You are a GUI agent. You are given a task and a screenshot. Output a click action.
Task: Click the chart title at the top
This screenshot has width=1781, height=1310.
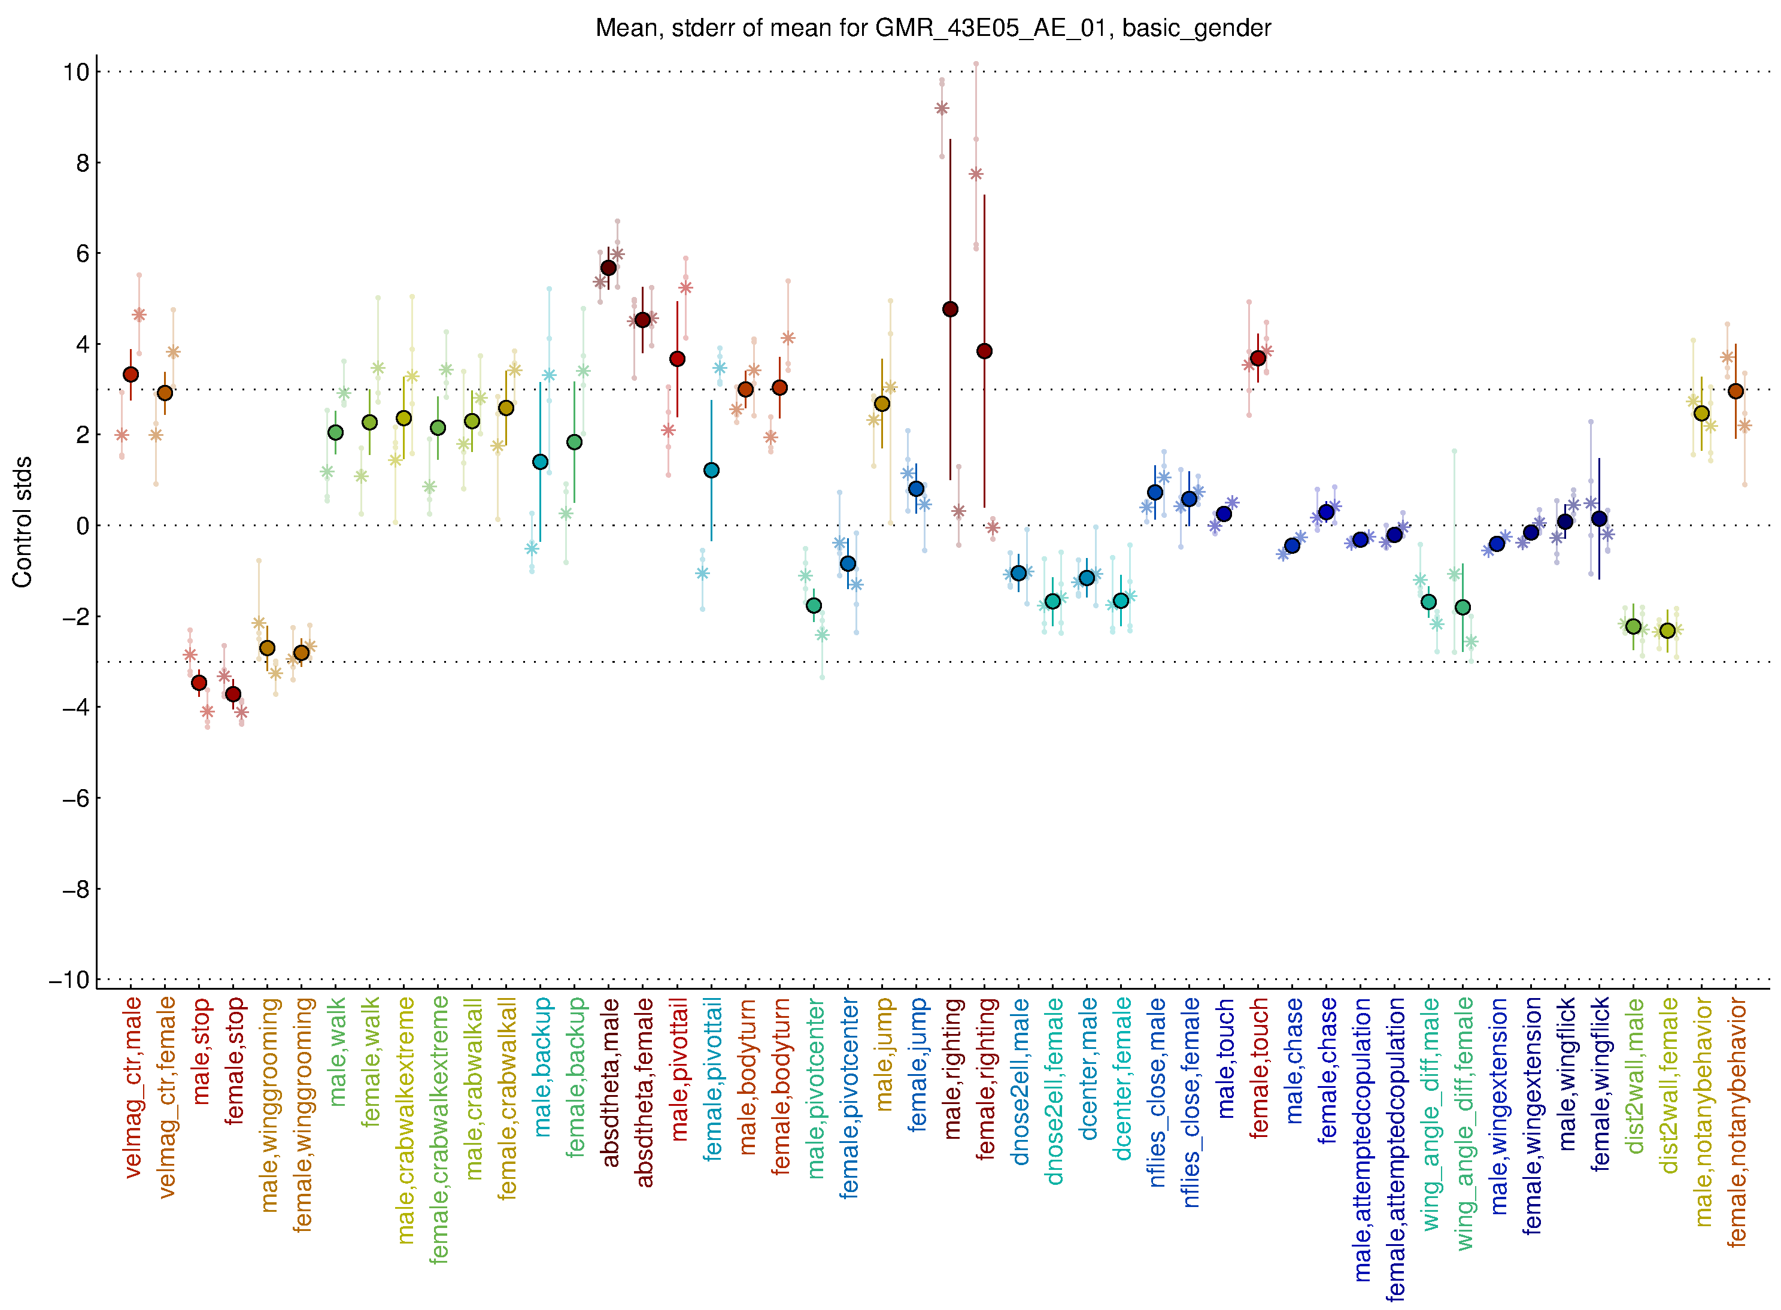click(x=933, y=29)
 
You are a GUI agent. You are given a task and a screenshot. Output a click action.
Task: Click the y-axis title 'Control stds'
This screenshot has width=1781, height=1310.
click(x=23, y=521)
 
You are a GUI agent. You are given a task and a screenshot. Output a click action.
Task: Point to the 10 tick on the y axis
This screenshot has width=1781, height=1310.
click(x=76, y=72)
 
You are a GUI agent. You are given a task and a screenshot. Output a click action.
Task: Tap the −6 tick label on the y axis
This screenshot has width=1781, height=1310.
click(x=76, y=799)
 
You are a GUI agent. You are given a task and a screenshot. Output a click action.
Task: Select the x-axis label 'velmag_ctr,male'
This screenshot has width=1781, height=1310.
click(x=132, y=1087)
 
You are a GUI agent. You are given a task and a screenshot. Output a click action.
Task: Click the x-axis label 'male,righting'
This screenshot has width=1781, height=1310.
click(x=951, y=1068)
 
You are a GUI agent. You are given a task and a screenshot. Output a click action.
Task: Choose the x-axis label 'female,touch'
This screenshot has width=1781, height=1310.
click(x=1259, y=1068)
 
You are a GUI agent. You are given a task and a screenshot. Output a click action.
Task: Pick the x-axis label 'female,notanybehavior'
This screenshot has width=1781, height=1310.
click(x=1737, y=1122)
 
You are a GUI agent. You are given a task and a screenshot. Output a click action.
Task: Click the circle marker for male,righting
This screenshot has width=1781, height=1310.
click(x=950, y=310)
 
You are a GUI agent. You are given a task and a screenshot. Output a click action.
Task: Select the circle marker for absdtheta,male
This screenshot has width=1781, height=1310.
click(x=608, y=268)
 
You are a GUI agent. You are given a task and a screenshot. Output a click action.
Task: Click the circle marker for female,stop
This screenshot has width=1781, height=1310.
click(x=233, y=695)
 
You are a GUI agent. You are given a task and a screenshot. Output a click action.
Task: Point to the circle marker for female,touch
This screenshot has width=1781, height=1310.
click(x=1258, y=359)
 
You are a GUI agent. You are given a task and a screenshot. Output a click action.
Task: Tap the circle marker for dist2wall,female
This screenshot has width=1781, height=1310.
click(x=1668, y=630)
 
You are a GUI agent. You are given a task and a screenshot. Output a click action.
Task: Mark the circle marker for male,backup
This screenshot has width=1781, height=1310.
click(x=540, y=462)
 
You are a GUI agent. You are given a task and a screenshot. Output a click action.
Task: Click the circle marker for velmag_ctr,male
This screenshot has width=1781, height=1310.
click(x=131, y=374)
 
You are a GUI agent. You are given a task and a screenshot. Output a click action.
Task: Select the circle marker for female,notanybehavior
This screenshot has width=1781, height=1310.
click(x=1736, y=391)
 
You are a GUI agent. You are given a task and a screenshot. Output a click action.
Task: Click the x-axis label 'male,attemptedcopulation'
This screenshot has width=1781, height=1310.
click(x=1361, y=1139)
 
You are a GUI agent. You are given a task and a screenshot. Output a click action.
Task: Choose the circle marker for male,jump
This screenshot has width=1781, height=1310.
click(x=882, y=404)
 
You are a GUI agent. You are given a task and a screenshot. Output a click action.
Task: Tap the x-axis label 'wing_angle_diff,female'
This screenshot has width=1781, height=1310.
click(x=1464, y=1124)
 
